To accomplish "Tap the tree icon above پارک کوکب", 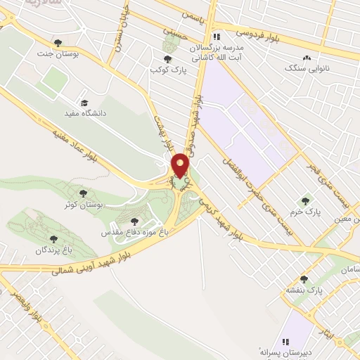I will point(167,60).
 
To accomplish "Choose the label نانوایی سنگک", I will point(307,69).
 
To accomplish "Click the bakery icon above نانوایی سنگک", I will point(307,58).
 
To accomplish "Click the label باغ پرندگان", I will point(54,250).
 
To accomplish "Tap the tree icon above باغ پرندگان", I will point(54,239).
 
